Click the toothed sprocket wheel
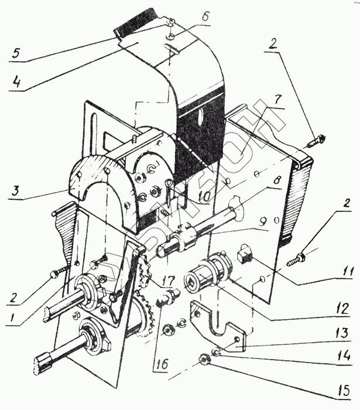pyautogui.click(x=143, y=310)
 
